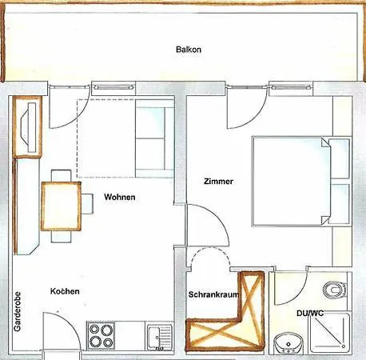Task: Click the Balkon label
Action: point(189,50)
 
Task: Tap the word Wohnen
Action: point(120,197)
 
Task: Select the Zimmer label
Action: point(218,182)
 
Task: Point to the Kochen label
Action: point(65,291)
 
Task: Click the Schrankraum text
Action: point(213,294)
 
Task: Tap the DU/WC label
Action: point(310,313)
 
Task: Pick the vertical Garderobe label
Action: point(18,311)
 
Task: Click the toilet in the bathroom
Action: point(335,290)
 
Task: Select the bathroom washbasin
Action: point(288,343)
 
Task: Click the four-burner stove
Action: point(101,335)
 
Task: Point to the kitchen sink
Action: point(160,337)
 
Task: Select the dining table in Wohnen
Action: point(61,206)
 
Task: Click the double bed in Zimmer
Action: point(301,182)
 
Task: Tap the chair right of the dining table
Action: point(87,204)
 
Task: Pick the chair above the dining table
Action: point(62,176)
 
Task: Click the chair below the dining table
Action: point(62,237)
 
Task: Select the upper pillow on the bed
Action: point(339,158)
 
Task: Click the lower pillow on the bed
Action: point(339,204)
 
